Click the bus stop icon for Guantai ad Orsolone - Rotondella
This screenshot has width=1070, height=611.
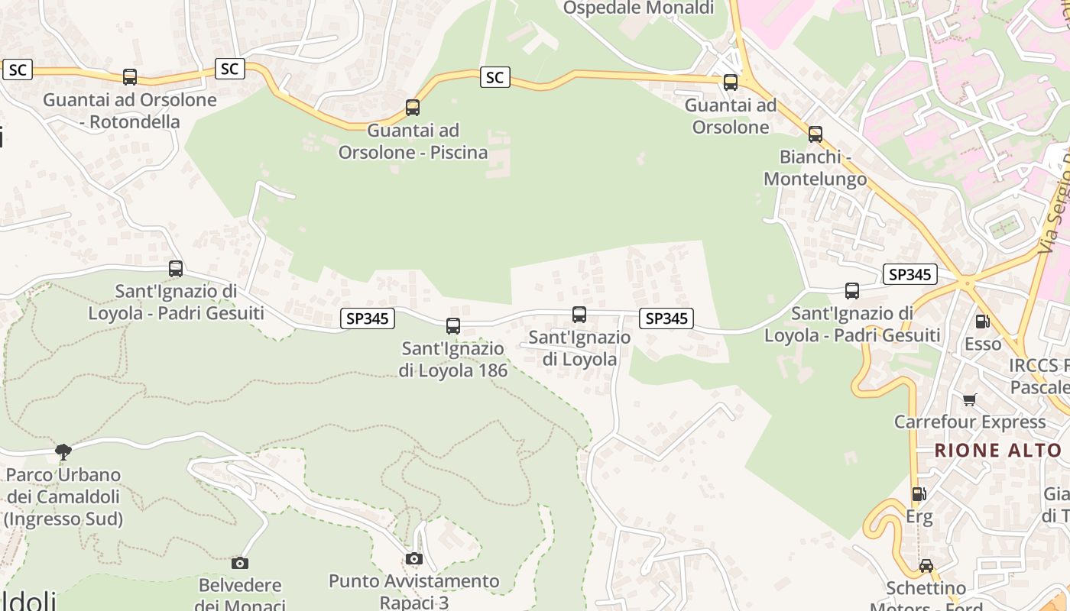130,77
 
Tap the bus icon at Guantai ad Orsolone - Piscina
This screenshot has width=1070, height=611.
413,108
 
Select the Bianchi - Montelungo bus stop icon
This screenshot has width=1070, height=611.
815,134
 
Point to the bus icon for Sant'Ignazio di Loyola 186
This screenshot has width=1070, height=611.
453,326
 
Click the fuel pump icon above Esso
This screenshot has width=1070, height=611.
982,322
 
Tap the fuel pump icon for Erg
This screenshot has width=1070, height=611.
919,495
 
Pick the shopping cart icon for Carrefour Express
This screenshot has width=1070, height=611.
970,399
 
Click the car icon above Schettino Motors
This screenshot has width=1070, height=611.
926,566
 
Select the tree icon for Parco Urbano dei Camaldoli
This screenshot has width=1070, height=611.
63,452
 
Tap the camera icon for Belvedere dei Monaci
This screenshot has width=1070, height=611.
240,564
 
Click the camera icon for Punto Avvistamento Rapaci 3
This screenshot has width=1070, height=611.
414,559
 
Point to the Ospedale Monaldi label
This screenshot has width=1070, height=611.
638,8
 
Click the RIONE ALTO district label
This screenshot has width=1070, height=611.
998,451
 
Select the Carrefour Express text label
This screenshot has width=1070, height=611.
970,422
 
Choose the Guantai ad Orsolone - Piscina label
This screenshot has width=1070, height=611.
413,141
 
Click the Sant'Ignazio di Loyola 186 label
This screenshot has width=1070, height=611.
453,360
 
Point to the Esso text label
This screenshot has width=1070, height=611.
983,344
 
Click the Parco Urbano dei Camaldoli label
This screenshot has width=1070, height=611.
63,497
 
